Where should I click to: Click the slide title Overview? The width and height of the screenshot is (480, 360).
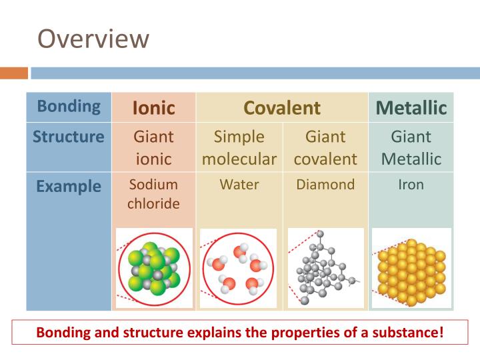(93, 38)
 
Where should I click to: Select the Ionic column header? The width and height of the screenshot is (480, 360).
(153, 107)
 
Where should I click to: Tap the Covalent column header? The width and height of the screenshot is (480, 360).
(282, 107)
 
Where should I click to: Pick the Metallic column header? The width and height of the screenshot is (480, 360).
(411, 107)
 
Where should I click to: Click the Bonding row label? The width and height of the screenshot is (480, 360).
(69, 106)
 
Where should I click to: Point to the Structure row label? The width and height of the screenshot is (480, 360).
(69, 137)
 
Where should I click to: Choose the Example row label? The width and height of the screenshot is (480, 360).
(69, 186)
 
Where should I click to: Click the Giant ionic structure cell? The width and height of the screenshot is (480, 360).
(153, 148)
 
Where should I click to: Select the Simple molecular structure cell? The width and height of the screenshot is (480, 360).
(239, 148)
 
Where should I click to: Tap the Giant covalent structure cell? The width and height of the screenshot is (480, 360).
(325, 148)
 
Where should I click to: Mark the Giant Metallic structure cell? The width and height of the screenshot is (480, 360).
(411, 148)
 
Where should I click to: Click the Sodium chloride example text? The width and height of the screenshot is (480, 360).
(153, 194)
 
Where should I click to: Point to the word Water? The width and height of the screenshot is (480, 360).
(239, 185)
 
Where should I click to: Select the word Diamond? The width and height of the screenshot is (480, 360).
(325, 185)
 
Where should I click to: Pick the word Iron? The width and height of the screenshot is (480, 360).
(411, 185)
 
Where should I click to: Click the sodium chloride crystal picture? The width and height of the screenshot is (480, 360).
(153, 268)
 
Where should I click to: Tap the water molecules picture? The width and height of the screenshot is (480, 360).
(239, 268)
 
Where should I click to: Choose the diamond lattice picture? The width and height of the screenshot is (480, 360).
(325, 268)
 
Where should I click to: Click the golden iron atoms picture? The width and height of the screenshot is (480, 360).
(411, 268)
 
